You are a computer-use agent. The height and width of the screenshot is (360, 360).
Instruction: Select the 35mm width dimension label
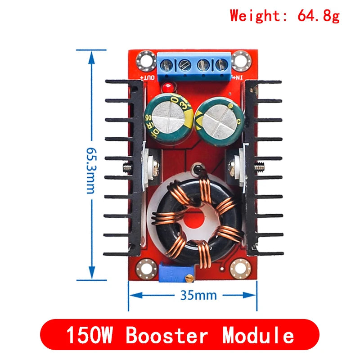(198, 295)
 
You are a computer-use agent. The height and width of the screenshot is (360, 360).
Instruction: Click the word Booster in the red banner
(167, 335)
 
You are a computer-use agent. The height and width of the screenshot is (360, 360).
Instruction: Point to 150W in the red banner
(92, 335)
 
